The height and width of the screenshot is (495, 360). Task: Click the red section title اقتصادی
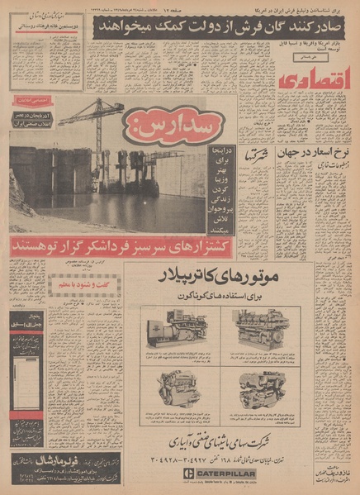pos(309,81)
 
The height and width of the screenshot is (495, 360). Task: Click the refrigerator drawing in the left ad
pos(24,389)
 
